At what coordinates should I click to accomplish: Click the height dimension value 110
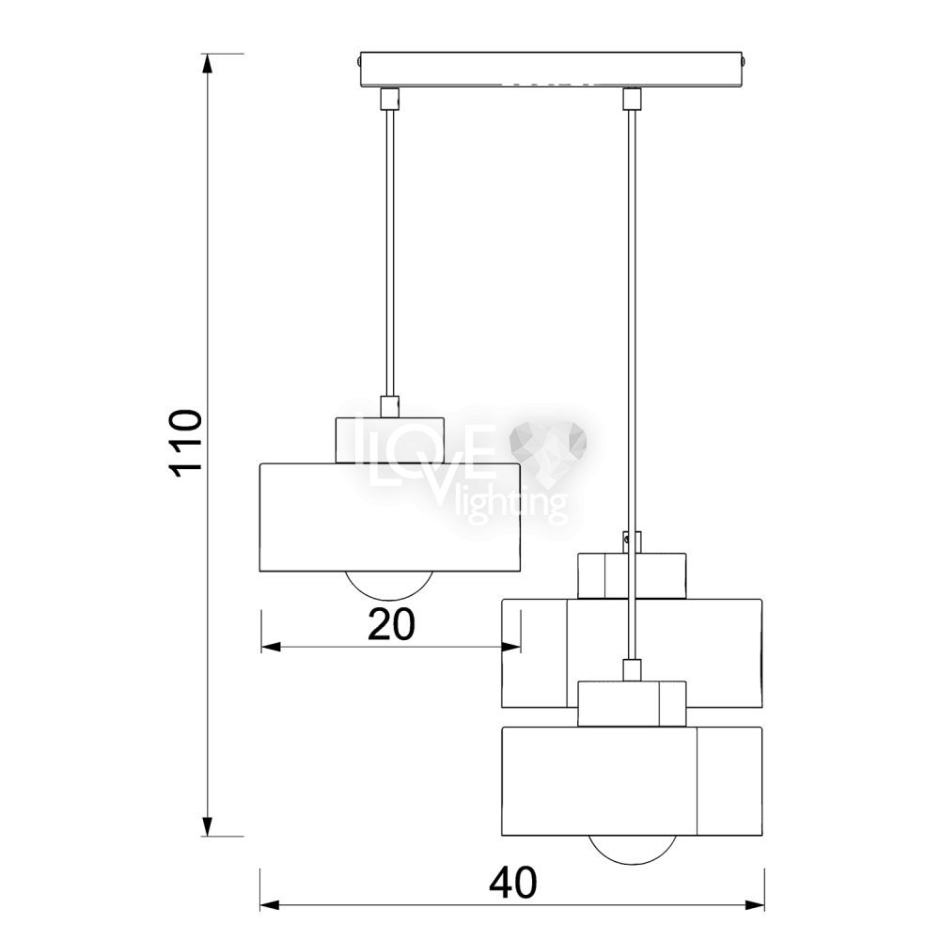click(x=184, y=443)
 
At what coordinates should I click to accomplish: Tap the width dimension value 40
click(x=513, y=883)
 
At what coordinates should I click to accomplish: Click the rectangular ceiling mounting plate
click(x=550, y=70)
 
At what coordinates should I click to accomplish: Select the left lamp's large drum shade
click(x=390, y=516)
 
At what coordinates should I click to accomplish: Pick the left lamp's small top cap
click(x=390, y=440)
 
